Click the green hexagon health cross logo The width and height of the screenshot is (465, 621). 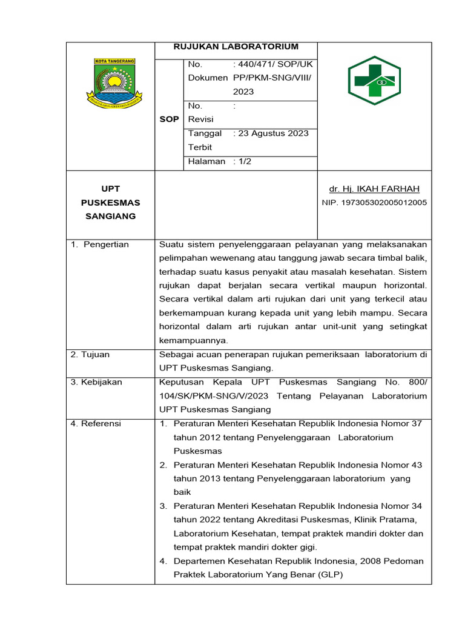point(374,85)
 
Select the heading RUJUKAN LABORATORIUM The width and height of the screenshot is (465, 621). point(236,47)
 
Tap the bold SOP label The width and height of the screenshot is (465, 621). point(169,119)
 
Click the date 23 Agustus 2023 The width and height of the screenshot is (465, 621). point(273,133)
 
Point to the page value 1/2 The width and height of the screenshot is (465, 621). point(245,161)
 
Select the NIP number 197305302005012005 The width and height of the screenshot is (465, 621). point(374,203)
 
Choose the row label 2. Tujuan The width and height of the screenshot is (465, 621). point(90,354)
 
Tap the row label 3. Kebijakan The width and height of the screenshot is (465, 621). point(96,381)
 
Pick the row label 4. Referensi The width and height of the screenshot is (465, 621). point(96,423)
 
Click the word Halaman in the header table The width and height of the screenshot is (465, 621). point(206,161)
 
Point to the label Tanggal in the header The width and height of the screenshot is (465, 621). point(205,133)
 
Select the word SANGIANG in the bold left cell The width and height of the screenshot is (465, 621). point(110,217)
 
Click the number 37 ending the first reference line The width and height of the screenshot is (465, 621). point(417,423)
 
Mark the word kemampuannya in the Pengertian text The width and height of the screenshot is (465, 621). point(193,340)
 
